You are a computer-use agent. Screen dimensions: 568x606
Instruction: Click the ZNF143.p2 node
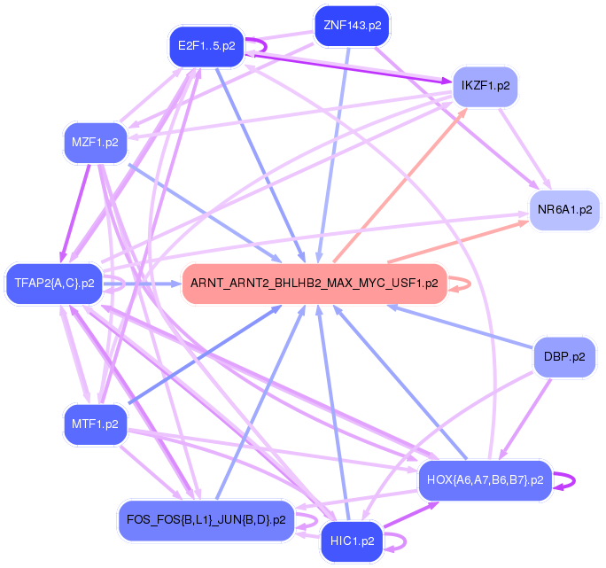pyautogui.click(x=352, y=26)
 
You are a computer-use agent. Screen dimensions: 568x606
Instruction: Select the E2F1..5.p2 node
pyautogui.click(x=206, y=46)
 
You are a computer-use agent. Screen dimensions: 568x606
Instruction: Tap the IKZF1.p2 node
pyautogui.click(x=485, y=86)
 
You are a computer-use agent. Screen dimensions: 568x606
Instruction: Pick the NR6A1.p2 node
pyautogui.click(x=564, y=210)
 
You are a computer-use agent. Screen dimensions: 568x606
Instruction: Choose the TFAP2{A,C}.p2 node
pyautogui.click(x=54, y=284)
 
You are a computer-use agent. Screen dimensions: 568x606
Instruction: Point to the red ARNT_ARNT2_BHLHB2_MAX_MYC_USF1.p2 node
pyautogui.click(x=314, y=284)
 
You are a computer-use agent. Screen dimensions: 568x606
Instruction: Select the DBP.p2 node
pyautogui.click(x=564, y=359)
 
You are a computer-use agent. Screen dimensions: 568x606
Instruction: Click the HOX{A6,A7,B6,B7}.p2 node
pyautogui.click(x=484, y=479)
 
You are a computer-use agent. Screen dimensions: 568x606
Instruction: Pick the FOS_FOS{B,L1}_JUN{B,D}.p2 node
pyautogui.click(x=206, y=519)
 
